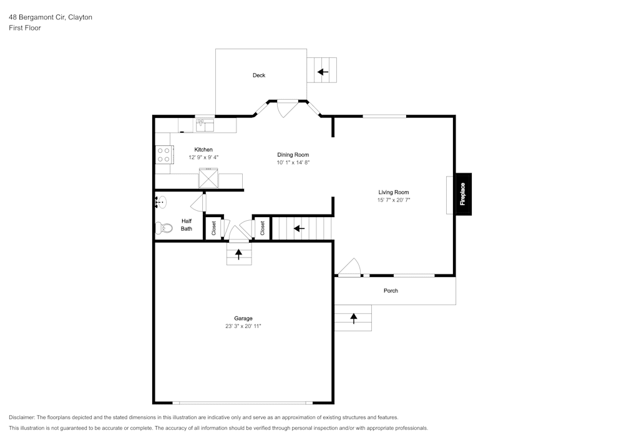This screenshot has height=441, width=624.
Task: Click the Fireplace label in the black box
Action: (x=462, y=194)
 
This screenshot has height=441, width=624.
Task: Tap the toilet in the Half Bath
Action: (x=163, y=228)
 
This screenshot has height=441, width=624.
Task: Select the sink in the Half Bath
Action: (x=160, y=202)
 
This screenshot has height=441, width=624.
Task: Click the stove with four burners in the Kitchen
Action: (x=164, y=155)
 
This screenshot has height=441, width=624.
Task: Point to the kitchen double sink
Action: (x=205, y=125)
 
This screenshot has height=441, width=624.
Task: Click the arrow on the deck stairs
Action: (x=323, y=72)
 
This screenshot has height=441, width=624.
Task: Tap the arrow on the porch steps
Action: (x=353, y=318)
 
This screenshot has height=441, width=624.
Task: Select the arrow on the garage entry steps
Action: (x=239, y=254)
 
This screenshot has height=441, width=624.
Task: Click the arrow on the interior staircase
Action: (x=300, y=228)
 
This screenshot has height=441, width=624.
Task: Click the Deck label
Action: (x=259, y=75)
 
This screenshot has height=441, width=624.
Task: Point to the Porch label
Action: (x=391, y=291)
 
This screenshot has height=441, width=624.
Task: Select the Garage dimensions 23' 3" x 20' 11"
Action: (x=243, y=326)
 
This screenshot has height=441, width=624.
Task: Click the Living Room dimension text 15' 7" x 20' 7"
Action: (x=394, y=200)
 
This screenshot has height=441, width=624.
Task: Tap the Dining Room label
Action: (x=293, y=155)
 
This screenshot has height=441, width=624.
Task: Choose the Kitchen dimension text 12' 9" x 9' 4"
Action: (x=203, y=157)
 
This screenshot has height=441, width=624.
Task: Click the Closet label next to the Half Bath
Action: (x=213, y=228)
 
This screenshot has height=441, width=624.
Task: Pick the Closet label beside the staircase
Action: (x=263, y=228)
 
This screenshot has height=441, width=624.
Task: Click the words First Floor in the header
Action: (x=25, y=28)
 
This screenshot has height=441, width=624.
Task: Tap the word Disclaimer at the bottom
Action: (x=21, y=417)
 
